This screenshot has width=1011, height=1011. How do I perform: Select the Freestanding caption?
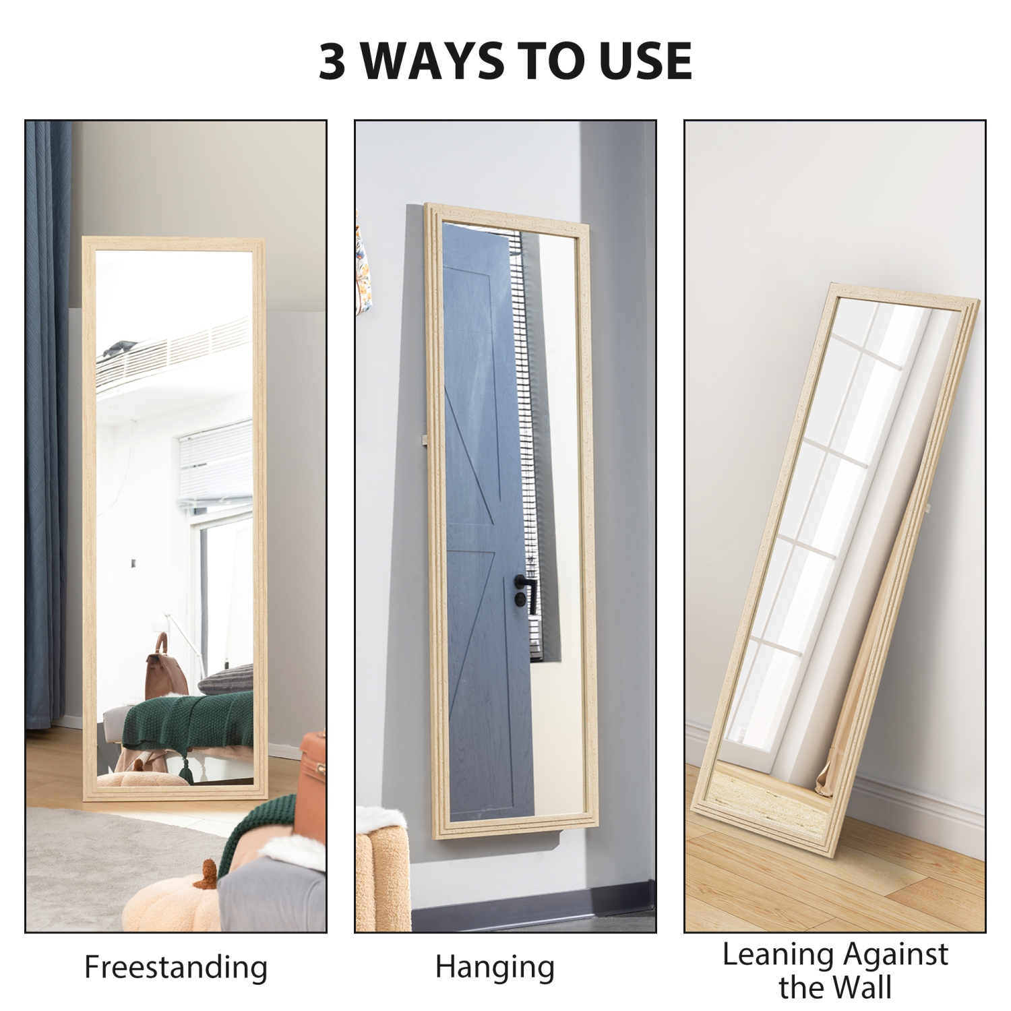(175, 967)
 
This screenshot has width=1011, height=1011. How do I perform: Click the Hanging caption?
(495, 967)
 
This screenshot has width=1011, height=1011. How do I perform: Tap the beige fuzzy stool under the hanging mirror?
(381, 876)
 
